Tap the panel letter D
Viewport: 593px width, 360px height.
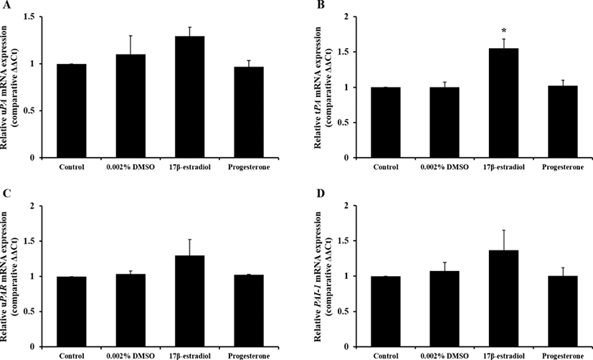[x=306, y=194]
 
